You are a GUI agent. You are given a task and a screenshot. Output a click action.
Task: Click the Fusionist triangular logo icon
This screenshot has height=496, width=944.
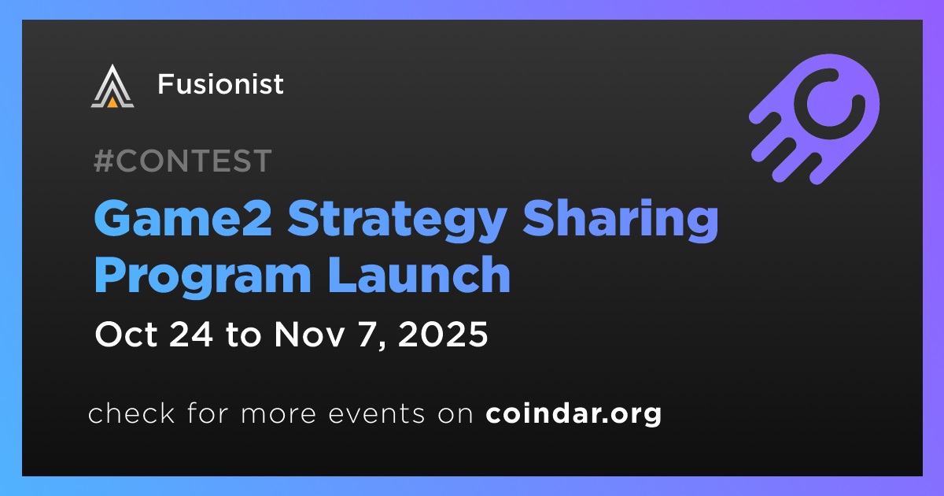(x=112, y=86)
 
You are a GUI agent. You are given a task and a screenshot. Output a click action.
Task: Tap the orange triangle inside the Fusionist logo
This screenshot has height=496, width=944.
(x=112, y=102)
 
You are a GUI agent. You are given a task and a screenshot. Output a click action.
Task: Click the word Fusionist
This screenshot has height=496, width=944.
(x=220, y=83)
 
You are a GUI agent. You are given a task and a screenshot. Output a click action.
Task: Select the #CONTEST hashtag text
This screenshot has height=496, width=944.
(x=183, y=161)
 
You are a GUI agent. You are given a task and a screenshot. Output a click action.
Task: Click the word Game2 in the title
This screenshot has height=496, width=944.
(x=183, y=220)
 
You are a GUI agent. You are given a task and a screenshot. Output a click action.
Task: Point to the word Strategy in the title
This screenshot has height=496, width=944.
(x=397, y=221)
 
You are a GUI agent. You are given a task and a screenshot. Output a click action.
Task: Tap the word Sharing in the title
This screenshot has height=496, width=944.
(x=621, y=221)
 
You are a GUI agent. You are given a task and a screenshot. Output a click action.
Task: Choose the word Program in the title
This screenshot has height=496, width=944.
(x=203, y=277)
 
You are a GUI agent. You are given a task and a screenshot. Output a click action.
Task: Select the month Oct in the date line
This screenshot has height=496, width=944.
(x=126, y=334)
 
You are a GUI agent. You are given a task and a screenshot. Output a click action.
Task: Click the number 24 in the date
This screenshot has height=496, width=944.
(x=191, y=334)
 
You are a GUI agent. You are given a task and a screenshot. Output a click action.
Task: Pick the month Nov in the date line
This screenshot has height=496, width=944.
(x=309, y=334)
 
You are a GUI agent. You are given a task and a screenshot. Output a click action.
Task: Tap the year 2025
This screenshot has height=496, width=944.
(x=442, y=334)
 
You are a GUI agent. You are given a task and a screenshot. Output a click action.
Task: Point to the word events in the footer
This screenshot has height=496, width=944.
(x=377, y=414)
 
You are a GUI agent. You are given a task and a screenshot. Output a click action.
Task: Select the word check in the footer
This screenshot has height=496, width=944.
(x=131, y=412)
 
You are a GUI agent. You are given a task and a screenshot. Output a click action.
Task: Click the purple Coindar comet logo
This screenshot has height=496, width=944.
(x=814, y=119)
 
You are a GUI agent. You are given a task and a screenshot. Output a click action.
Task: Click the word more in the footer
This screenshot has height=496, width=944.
(x=278, y=414)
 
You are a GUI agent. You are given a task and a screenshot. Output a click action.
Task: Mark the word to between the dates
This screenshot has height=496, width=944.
(x=244, y=335)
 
